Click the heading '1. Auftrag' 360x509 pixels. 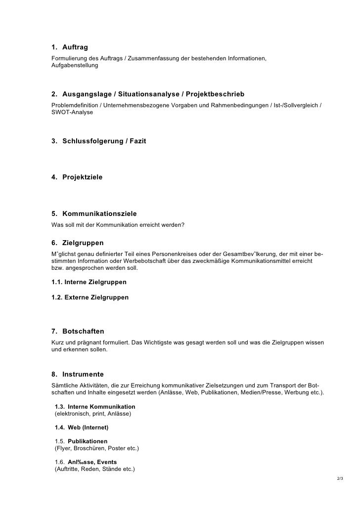(x=70, y=47)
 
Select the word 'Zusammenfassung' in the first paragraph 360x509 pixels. (x=151, y=59)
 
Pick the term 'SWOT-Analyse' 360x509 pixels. (x=72, y=113)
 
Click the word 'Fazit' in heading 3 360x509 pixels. (x=136, y=141)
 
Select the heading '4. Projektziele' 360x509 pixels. (x=77, y=176)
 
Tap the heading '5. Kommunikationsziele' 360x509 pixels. (x=94, y=214)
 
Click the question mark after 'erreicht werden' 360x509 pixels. (x=183, y=225)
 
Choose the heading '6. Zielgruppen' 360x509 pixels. (x=78, y=243)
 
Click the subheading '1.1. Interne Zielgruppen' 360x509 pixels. (x=89, y=282)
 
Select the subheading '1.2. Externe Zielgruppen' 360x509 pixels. (x=90, y=297)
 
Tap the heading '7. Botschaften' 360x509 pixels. (x=78, y=331)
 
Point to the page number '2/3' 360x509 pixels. (x=340, y=479)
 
